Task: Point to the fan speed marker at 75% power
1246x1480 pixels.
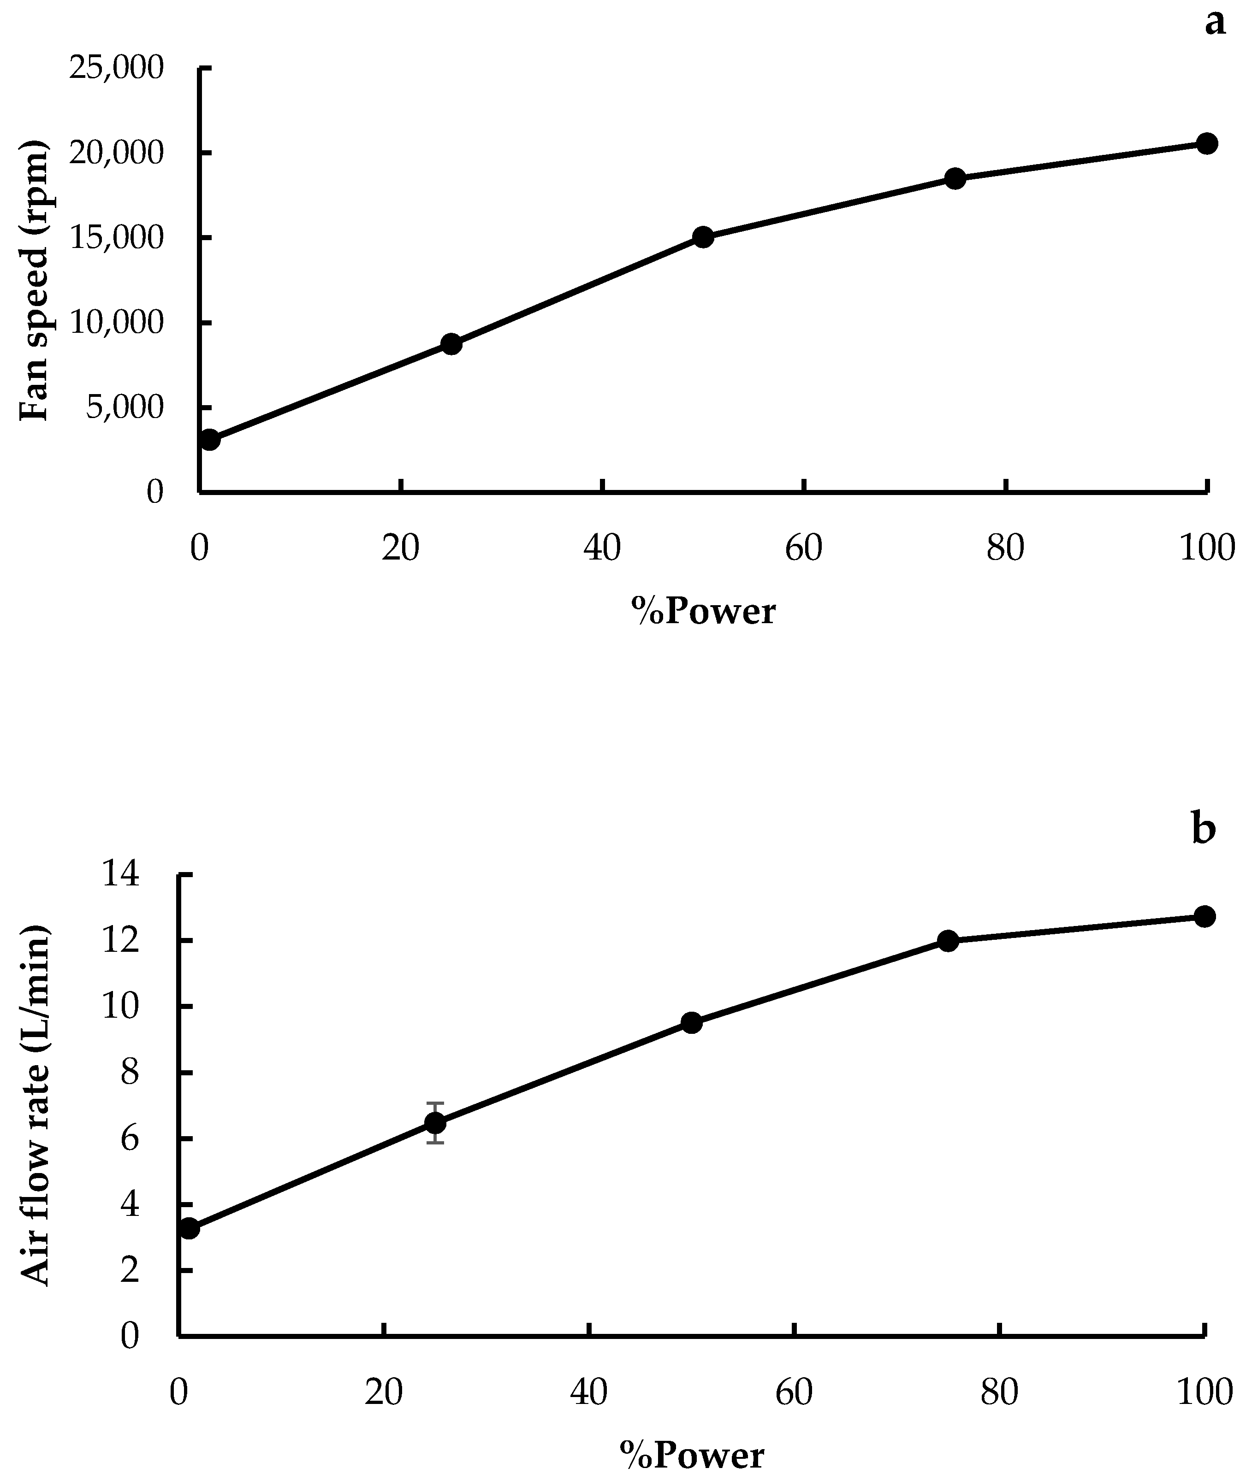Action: [x=955, y=179]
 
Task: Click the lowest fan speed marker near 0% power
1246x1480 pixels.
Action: [x=210, y=440]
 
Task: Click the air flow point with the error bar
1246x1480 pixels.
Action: [x=435, y=1123]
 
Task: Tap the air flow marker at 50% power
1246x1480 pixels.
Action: [x=692, y=1023]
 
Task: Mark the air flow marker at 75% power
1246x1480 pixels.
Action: [x=948, y=941]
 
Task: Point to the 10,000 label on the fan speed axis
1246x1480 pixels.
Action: [x=117, y=323]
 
